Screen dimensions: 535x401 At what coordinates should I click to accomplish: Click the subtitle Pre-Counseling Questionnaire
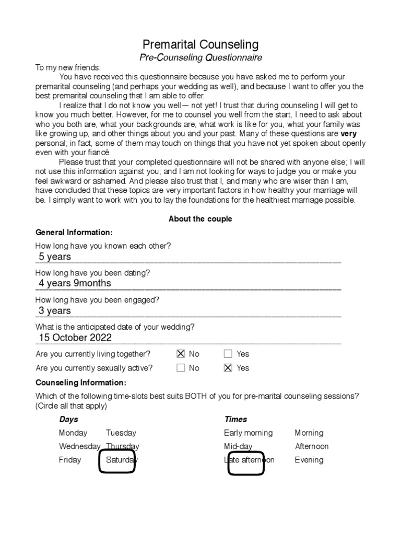click(x=200, y=57)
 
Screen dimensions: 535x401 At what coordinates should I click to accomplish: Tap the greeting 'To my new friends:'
click(x=68, y=68)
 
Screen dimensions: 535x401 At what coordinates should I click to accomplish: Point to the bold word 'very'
click(x=348, y=134)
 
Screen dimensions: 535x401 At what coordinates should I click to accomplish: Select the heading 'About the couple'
click(x=200, y=219)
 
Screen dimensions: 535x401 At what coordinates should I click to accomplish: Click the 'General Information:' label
click(x=74, y=232)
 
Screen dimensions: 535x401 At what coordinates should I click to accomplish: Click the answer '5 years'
click(x=55, y=257)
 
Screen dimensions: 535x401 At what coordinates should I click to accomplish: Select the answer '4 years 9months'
click(x=75, y=283)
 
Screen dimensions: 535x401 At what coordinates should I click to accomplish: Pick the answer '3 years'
click(x=55, y=311)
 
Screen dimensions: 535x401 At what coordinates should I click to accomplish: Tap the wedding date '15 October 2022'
click(x=75, y=338)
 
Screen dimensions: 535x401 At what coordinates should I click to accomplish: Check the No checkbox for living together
click(x=181, y=354)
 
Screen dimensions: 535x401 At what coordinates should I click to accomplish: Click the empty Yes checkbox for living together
click(x=228, y=354)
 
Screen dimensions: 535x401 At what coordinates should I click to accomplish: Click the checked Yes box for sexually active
click(x=228, y=368)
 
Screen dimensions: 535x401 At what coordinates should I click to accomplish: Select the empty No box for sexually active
click(x=181, y=368)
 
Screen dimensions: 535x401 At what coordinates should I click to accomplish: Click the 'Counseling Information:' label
click(x=80, y=382)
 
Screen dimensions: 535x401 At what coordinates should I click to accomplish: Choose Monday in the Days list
click(x=73, y=433)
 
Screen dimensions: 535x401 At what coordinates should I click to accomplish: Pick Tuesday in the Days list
click(x=121, y=433)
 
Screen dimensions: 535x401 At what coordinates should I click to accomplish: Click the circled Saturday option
click(x=120, y=460)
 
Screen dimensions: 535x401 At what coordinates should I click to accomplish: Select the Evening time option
click(x=309, y=460)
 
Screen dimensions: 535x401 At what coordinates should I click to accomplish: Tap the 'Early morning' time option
click(x=248, y=433)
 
